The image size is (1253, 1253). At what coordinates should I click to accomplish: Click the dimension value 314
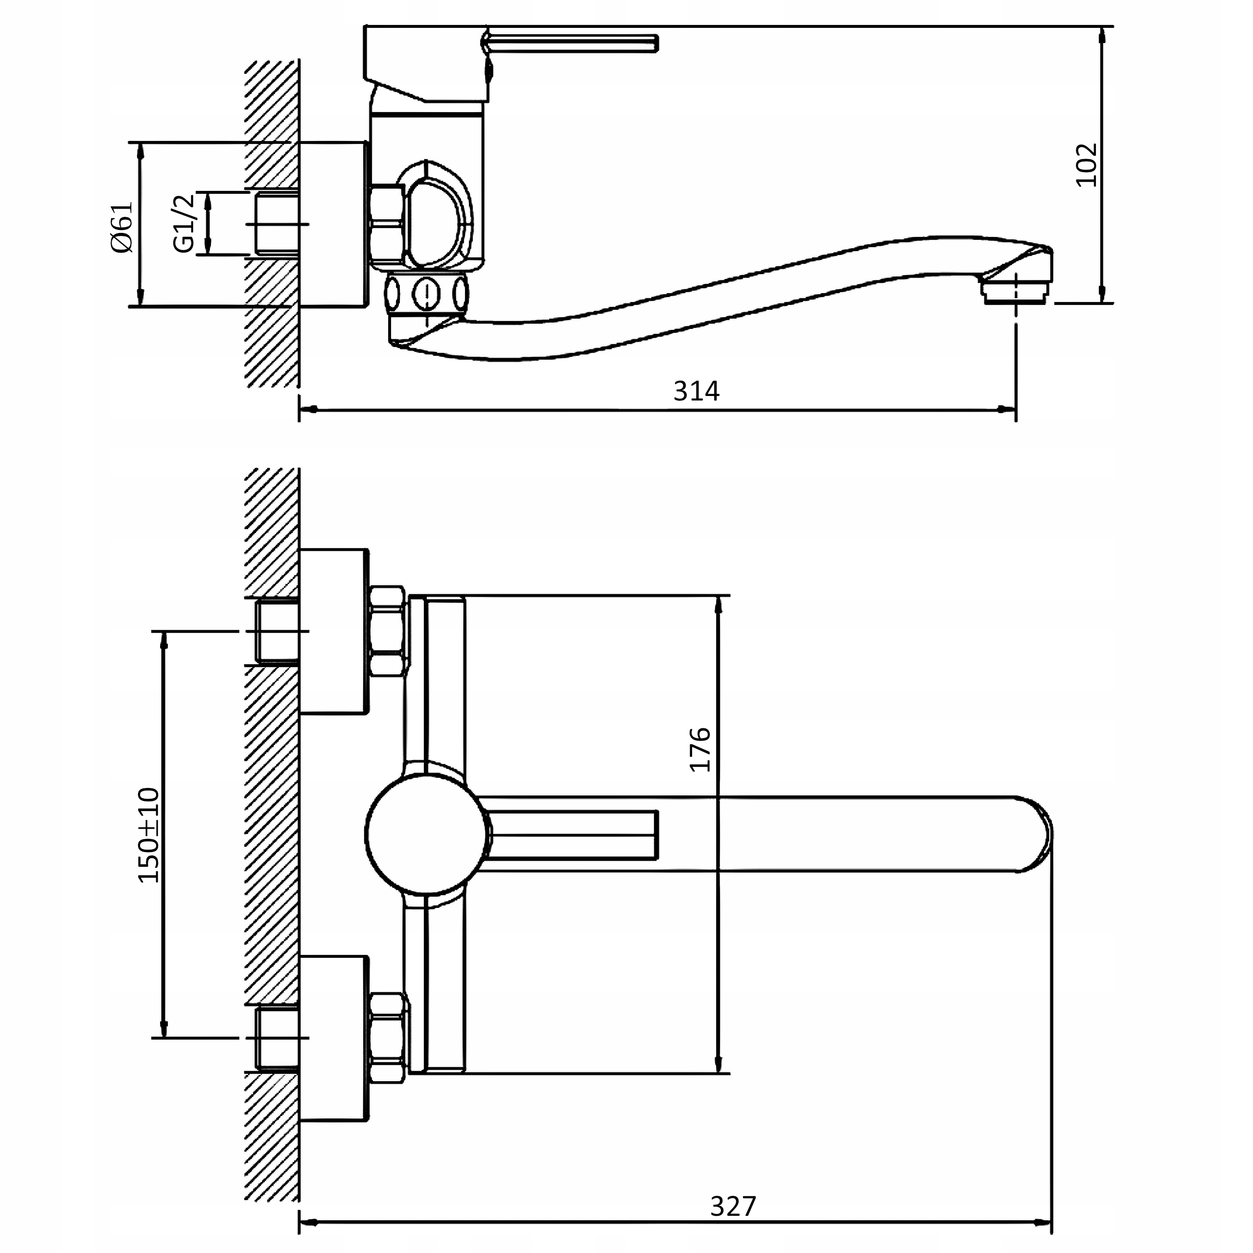[x=696, y=391]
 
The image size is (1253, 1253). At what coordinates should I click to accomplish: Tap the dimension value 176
[x=700, y=750]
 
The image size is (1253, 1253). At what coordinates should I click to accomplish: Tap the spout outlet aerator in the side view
[x=1015, y=291]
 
